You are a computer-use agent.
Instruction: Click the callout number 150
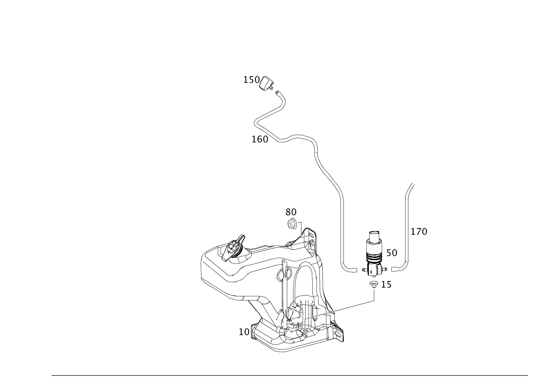pyautogui.click(x=251, y=79)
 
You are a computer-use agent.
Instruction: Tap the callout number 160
pyautogui.click(x=260, y=139)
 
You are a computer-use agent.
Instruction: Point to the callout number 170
pyautogui.click(x=419, y=231)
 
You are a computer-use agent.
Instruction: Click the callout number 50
pyautogui.click(x=392, y=252)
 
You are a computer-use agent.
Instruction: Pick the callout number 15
pyautogui.click(x=386, y=285)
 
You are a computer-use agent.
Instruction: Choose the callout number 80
pyautogui.click(x=291, y=212)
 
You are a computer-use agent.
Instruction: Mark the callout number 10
pyautogui.click(x=244, y=332)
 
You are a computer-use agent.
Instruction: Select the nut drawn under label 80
pyautogui.click(x=292, y=224)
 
